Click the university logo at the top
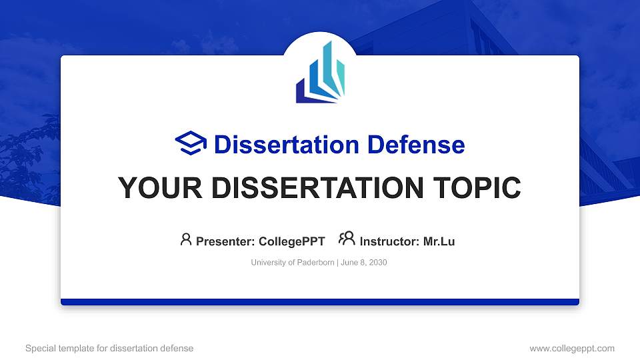pyautogui.click(x=320, y=73)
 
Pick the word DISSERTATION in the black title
pyautogui.click(x=313, y=188)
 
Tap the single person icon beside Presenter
pyautogui.click(x=186, y=239)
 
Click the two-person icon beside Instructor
pyautogui.click(x=347, y=239)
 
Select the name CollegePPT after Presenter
pyautogui.click(x=291, y=241)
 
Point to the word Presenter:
pyautogui.click(x=225, y=241)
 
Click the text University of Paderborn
pyautogui.click(x=293, y=263)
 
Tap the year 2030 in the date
pyautogui.click(x=375, y=263)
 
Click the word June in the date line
pyautogui.click(x=349, y=263)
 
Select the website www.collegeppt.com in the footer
pyautogui.click(x=571, y=348)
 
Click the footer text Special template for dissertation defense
pyautogui.click(x=109, y=348)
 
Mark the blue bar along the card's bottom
pyautogui.click(x=320, y=302)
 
